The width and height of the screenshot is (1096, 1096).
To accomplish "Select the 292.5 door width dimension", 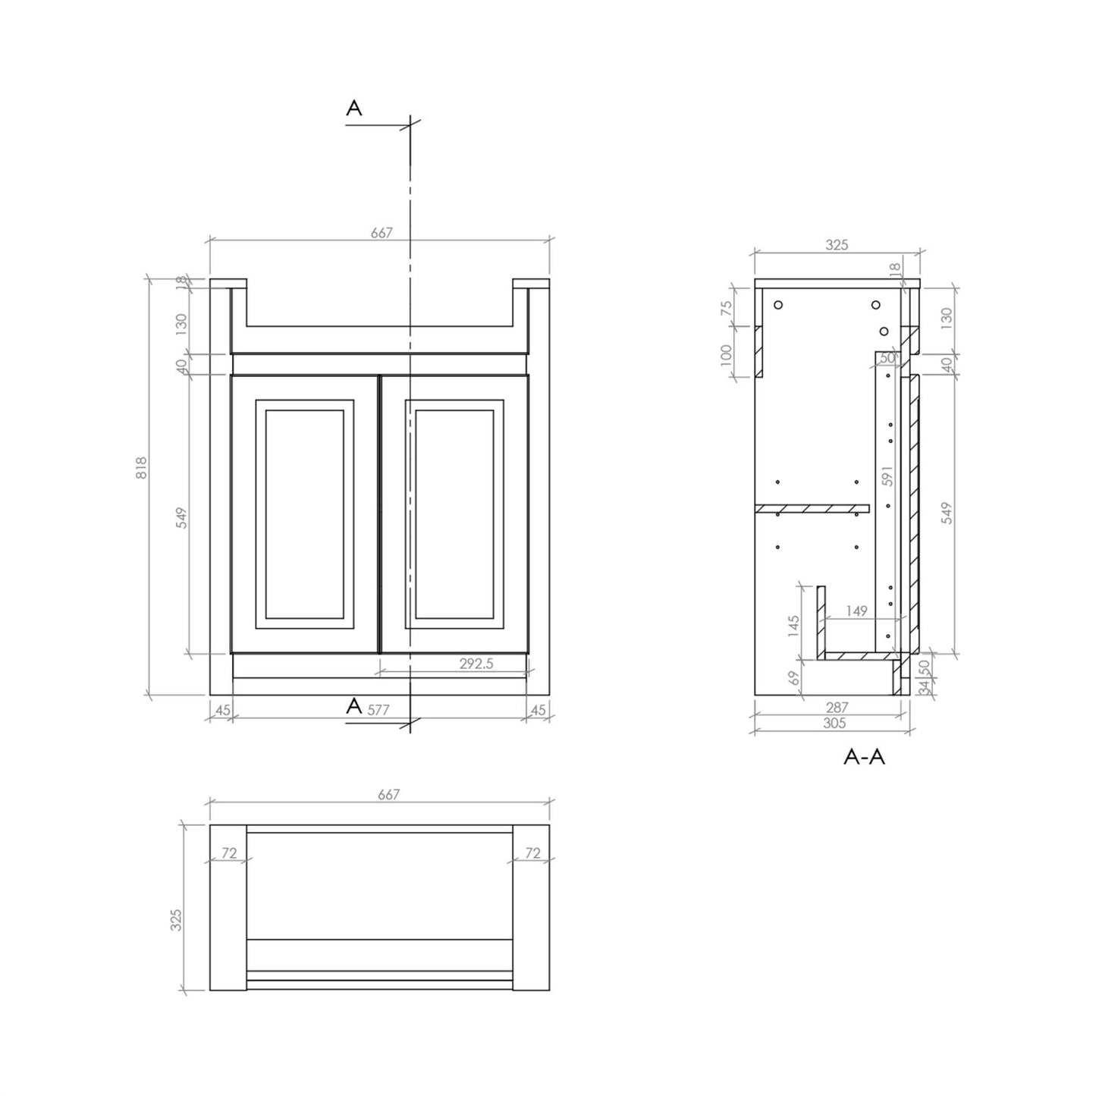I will coord(476,663).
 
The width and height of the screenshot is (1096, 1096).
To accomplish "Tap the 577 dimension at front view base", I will coord(378,711).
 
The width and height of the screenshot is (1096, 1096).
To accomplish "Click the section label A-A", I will coord(864,756).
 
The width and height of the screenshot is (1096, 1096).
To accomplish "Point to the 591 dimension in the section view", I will coord(888,475).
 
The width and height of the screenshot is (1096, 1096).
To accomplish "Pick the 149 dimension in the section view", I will coord(856,611).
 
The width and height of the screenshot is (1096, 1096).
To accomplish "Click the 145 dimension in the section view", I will coord(794,626).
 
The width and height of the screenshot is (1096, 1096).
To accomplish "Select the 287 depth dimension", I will coord(837,707).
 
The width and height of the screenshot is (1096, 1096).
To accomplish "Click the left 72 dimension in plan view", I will coord(229,853).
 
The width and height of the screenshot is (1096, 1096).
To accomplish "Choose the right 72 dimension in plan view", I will coord(532,853).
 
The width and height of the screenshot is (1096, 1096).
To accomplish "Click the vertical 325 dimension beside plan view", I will coord(177,919).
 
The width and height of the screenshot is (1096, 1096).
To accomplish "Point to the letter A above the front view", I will coord(354,109).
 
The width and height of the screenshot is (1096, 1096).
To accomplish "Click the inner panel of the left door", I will coord(305,514).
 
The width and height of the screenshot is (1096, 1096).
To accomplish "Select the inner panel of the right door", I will coord(454,514).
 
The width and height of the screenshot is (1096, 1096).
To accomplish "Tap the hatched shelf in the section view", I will coord(812,507).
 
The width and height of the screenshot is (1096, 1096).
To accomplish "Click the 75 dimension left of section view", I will coord(727,308).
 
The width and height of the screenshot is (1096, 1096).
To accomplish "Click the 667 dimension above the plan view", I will coord(388,794).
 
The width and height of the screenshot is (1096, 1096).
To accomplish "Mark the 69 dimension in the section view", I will coord(794,677).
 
